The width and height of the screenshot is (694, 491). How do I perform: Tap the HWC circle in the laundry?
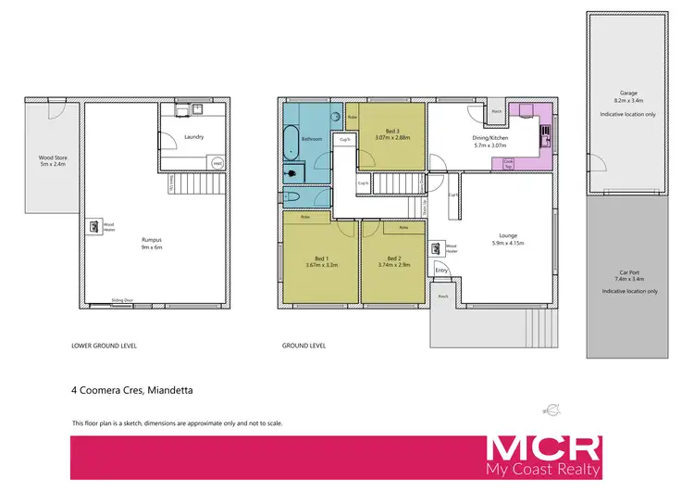(x=217, y=163)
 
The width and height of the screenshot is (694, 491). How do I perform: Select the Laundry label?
(x=194, y=137)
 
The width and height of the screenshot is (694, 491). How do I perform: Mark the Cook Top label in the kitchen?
(x=508, y=162)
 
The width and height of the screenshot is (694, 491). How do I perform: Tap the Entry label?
(x=441, y=271)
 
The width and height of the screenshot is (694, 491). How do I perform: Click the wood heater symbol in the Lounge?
(x=436, y=247)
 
